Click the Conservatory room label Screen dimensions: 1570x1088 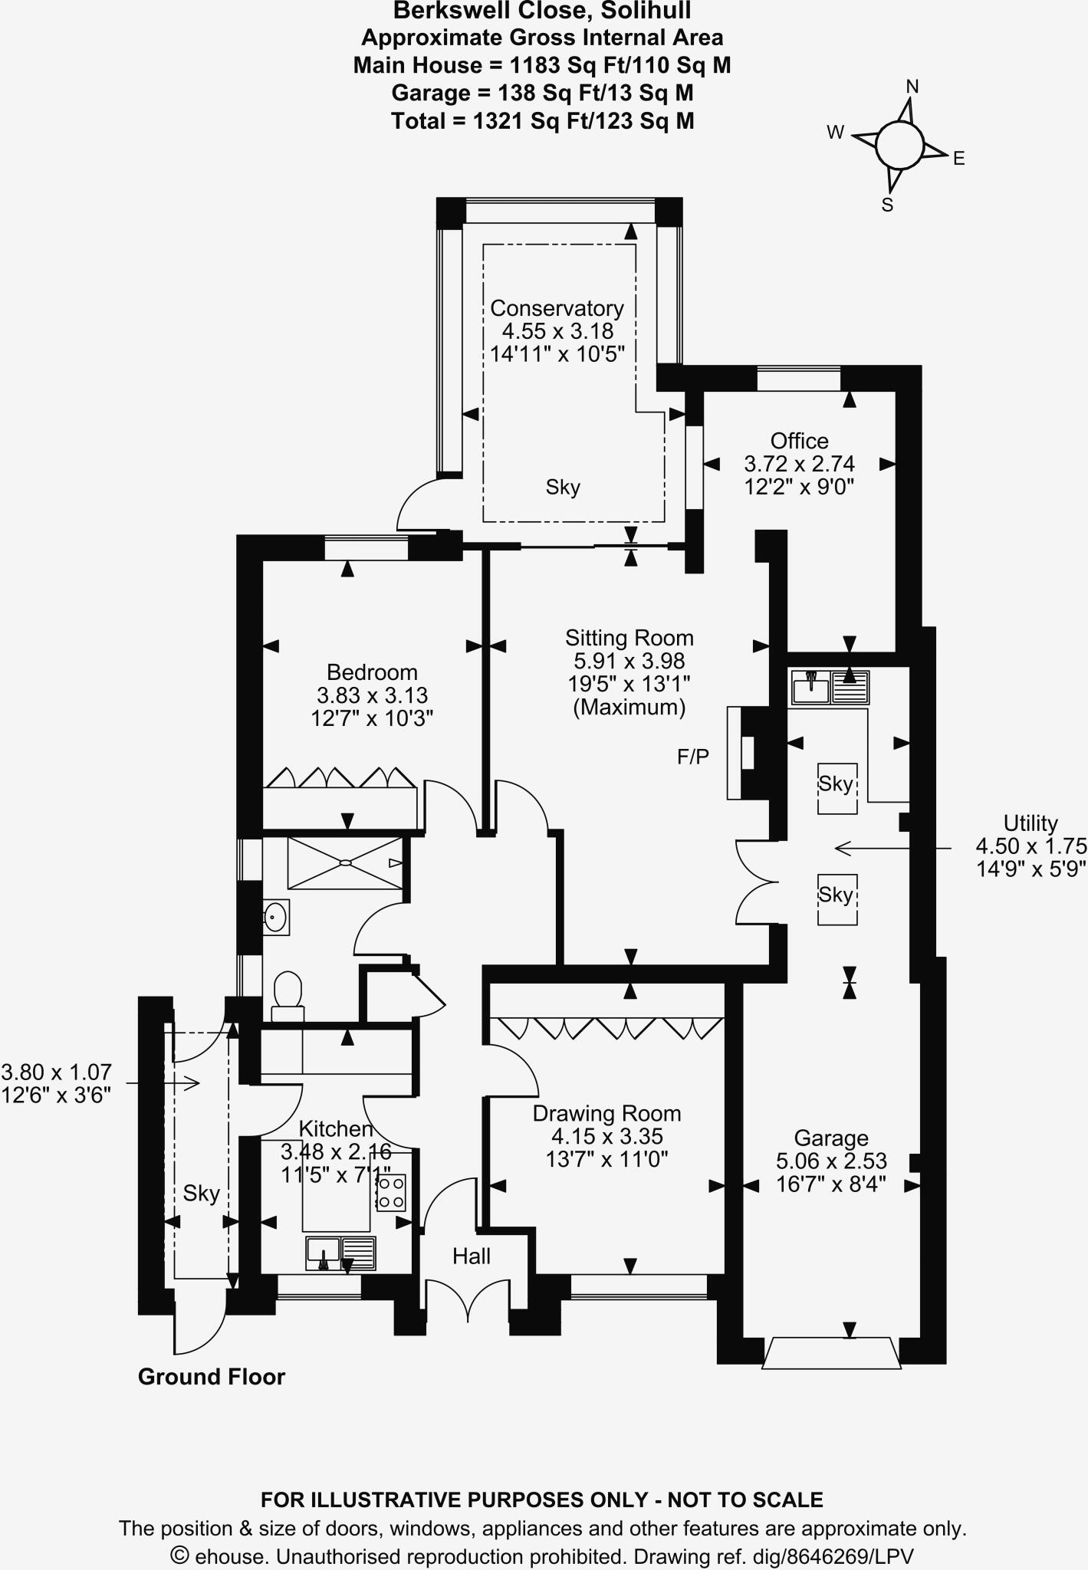557,308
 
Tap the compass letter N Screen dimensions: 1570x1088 912,87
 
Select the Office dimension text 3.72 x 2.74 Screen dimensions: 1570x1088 799,464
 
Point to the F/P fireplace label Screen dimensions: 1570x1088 692,757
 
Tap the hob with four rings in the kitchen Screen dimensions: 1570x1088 391,1193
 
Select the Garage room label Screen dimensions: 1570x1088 830,1138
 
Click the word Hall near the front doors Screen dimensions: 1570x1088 471,1256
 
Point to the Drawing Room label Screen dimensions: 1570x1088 606,1113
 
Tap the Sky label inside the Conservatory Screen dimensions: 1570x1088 563,487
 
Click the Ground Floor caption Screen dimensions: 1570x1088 211,1377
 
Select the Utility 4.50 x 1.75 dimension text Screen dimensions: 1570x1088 1030,846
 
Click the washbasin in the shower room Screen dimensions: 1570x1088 275,916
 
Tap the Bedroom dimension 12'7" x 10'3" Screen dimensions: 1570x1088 372,718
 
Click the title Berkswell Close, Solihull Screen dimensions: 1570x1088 542,11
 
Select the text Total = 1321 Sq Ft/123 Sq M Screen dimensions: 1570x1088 542,121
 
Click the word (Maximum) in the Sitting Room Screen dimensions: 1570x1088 629,707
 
